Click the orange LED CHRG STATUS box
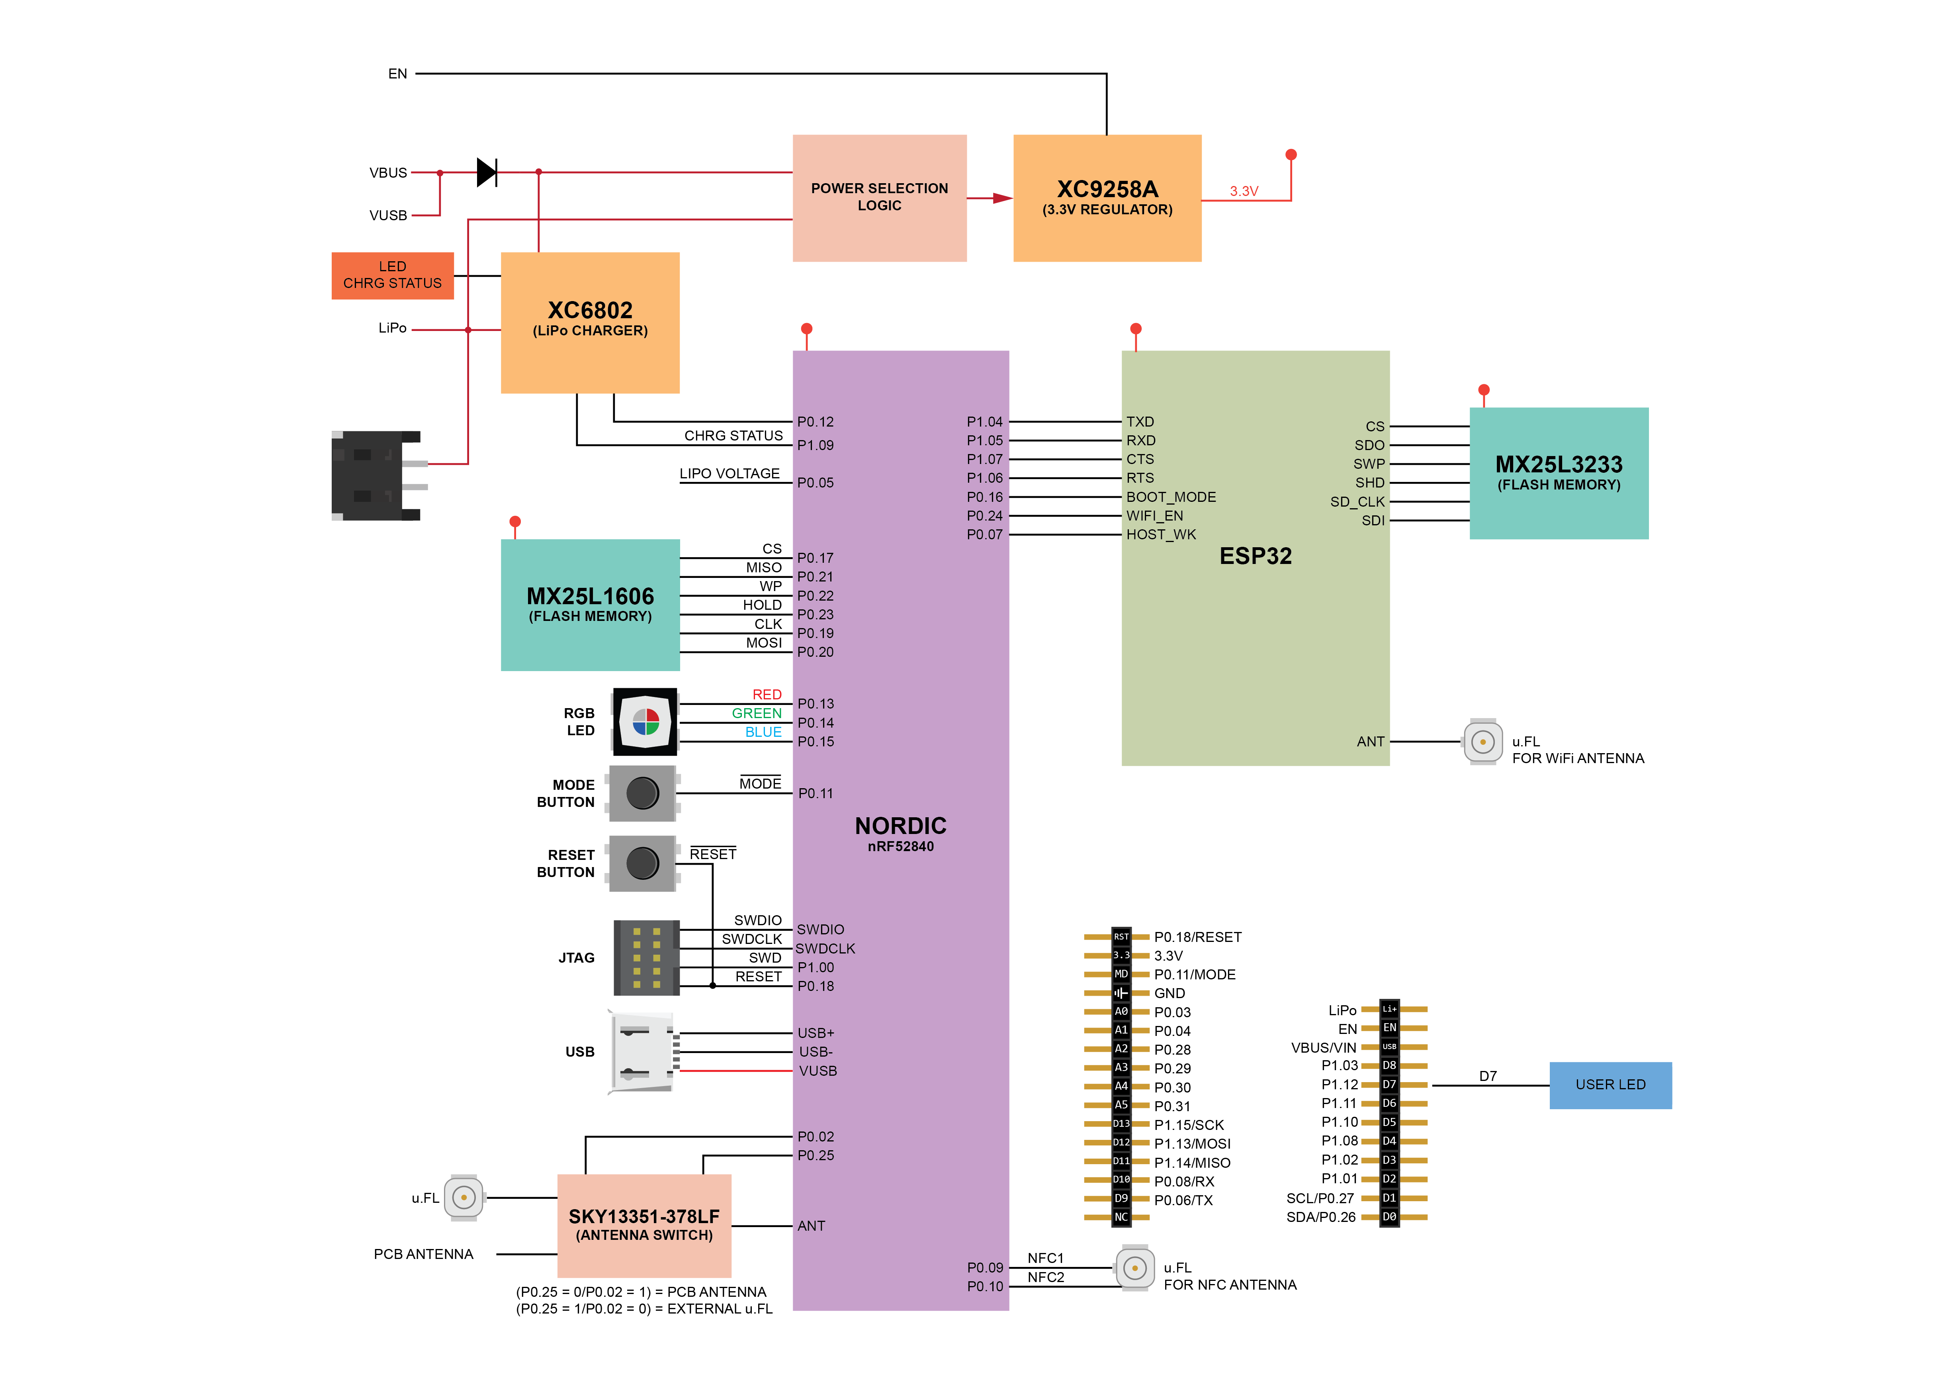coord(392,275)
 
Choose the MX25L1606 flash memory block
coord(589,604)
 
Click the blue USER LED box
coord(1610,1085)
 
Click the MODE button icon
coord(643,793)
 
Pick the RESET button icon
coord(643,863)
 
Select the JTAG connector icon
coord(646,957)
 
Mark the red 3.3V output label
coord(1243,192)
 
